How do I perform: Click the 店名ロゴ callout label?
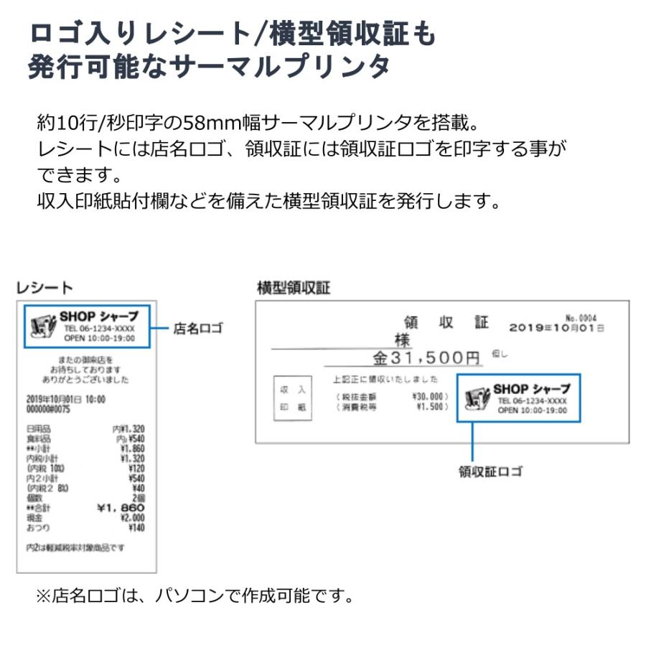tap(198, 329)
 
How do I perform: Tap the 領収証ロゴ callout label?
tap(491, 472)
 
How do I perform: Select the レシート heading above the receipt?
tap(45, 288)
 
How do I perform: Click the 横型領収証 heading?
tap(293, 288)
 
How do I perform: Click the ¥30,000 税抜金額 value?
tap(430, 396)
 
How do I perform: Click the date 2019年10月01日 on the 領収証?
tap(556, 327)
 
